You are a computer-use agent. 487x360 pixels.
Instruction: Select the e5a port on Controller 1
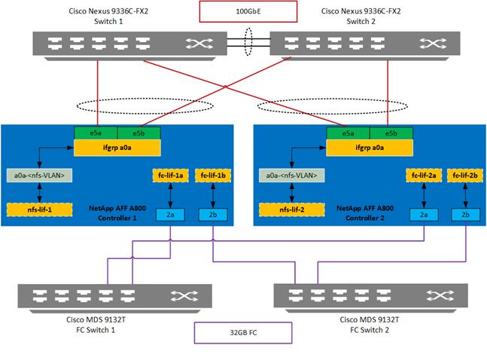pos(95,133)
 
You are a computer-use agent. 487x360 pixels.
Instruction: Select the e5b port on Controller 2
pos(390,133)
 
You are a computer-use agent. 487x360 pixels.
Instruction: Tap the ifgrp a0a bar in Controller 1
pos(116,146)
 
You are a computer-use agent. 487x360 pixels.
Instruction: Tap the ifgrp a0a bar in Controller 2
pos(369,146)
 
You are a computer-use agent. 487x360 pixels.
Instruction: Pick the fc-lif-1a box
pos(171,175)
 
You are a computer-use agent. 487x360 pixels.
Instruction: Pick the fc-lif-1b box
pos(211,175)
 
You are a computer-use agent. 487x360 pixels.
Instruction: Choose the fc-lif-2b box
pos(464,175)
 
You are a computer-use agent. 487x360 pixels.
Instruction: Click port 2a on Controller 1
pos(171,215)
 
